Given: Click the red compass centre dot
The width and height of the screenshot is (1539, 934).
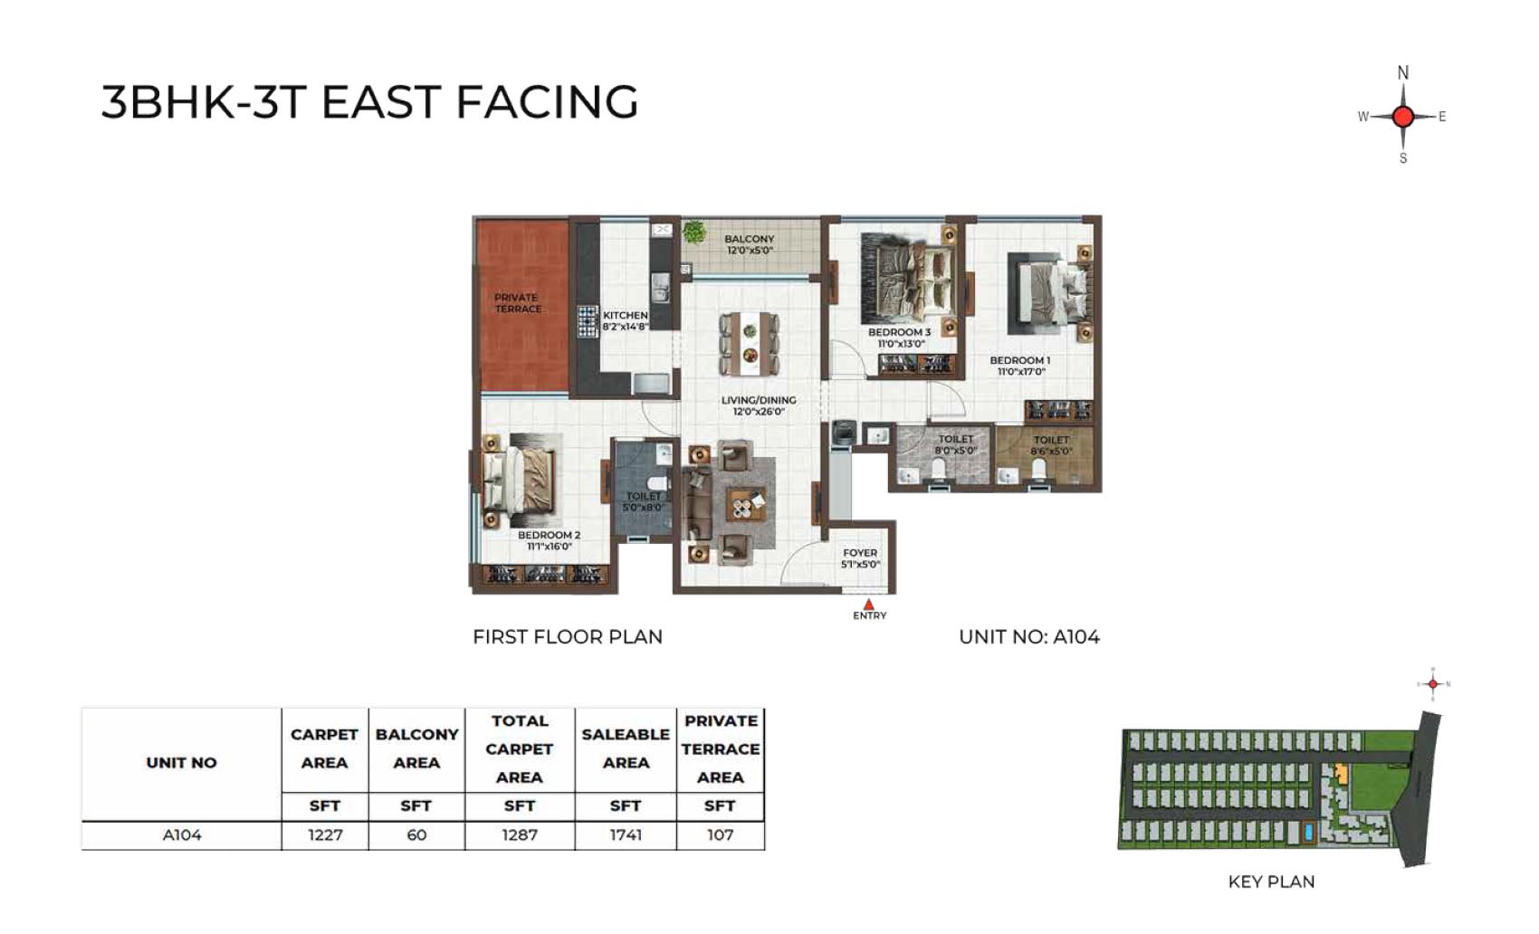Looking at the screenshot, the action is (1403, 117).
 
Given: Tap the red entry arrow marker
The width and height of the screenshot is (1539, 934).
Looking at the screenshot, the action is (869, 605).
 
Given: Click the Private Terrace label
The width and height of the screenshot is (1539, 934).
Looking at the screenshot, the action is (518, 303).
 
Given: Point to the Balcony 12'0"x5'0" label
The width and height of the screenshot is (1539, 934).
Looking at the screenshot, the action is (750, 244).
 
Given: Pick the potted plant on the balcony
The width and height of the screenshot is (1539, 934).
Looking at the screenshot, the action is (694, 232).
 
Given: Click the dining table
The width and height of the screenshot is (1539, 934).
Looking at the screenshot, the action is (750, 344).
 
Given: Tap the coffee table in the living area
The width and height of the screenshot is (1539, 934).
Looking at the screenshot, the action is (748, 505).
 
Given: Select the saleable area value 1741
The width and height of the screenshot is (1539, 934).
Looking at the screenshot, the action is (626, 835).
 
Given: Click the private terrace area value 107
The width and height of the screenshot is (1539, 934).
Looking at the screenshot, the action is (720, 835).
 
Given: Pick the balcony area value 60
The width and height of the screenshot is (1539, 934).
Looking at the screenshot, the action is (416, 835).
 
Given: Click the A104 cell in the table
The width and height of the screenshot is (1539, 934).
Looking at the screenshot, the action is (182, 835).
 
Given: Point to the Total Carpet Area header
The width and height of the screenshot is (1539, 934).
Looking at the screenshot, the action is (520, 749).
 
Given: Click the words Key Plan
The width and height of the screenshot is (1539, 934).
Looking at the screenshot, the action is (1271, 882).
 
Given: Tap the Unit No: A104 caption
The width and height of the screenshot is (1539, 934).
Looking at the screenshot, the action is (1029, 637).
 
